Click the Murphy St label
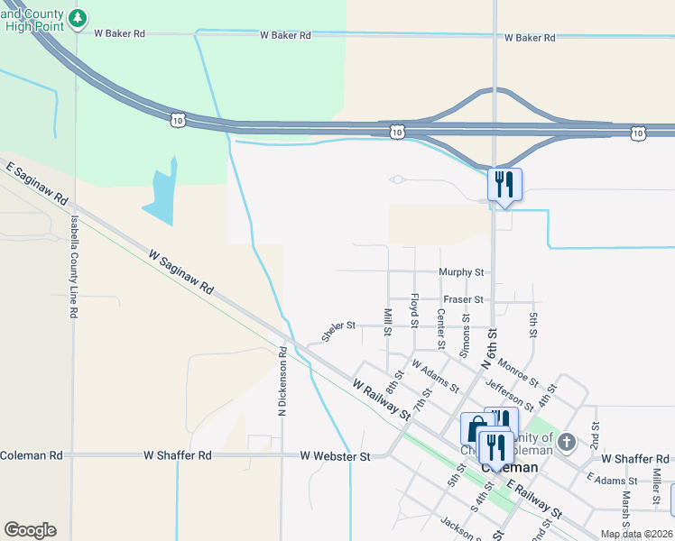coord(461,272)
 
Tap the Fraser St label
coord(463,299)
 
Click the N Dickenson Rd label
coord(282,381)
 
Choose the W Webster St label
coord(336,457)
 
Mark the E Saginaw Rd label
coord(37,183)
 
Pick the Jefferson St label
coord(509,393)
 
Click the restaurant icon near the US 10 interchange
coord(504,184)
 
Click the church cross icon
coord(566,442)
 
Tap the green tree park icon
coord(79,17)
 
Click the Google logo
coord(30,530)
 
